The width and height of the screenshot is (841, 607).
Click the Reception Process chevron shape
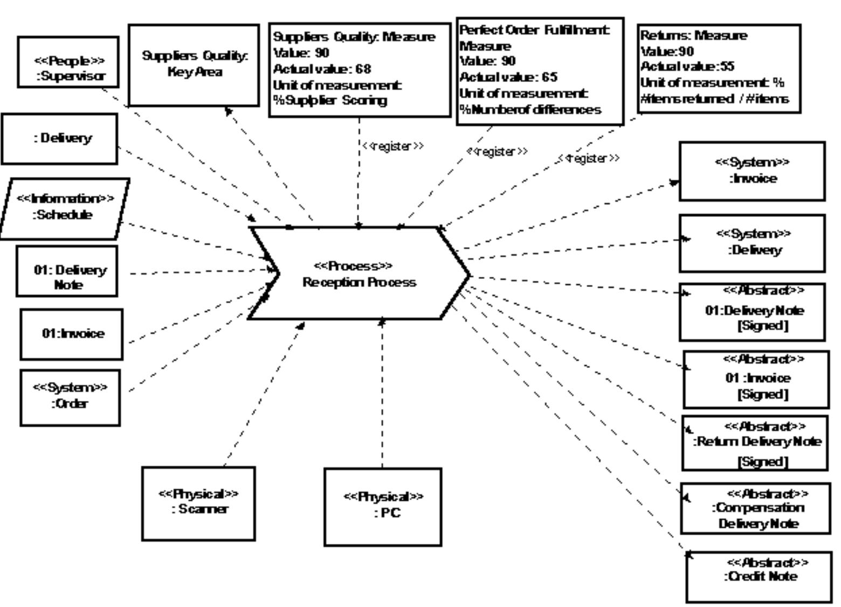point(359,274)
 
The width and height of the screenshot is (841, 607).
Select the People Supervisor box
point(68,62)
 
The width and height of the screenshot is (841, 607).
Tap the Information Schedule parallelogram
point(65,208)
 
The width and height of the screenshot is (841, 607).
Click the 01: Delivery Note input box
point(67,271)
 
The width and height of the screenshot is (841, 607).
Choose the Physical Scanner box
point(198,503)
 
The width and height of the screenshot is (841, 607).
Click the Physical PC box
point(383,507)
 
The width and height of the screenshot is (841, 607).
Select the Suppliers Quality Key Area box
point(194,65)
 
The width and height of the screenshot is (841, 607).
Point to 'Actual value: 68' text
point(322,69)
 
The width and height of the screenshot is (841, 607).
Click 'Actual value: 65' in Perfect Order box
point(508,77)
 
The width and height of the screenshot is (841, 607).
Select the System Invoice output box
point(752,171)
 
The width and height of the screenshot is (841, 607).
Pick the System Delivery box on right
point(752,243)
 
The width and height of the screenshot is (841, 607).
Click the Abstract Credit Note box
point(759,576)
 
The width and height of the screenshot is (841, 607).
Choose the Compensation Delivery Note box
point(756,508)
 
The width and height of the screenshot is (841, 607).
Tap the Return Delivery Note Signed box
point(755,443)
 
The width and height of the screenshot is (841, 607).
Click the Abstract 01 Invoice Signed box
point(756,379)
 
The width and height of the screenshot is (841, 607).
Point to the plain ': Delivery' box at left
point(59,139)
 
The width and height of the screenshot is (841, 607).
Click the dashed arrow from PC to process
point(382,394)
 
